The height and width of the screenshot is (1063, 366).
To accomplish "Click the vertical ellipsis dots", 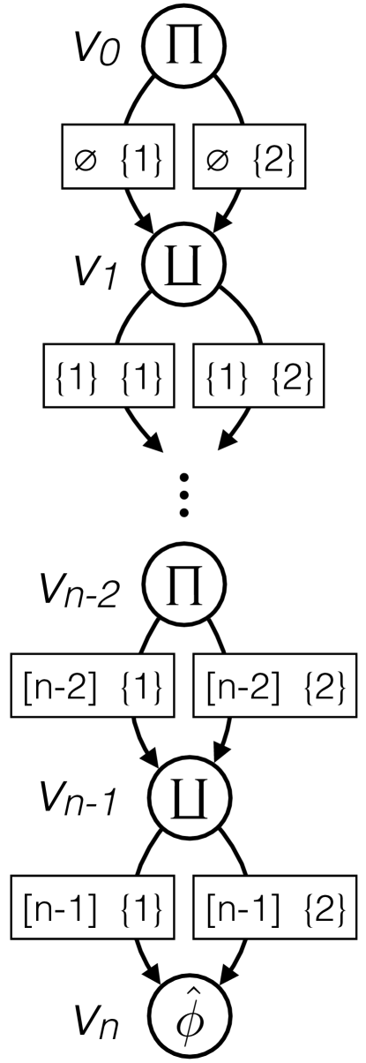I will pyautogui.click(x=183, y=498).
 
